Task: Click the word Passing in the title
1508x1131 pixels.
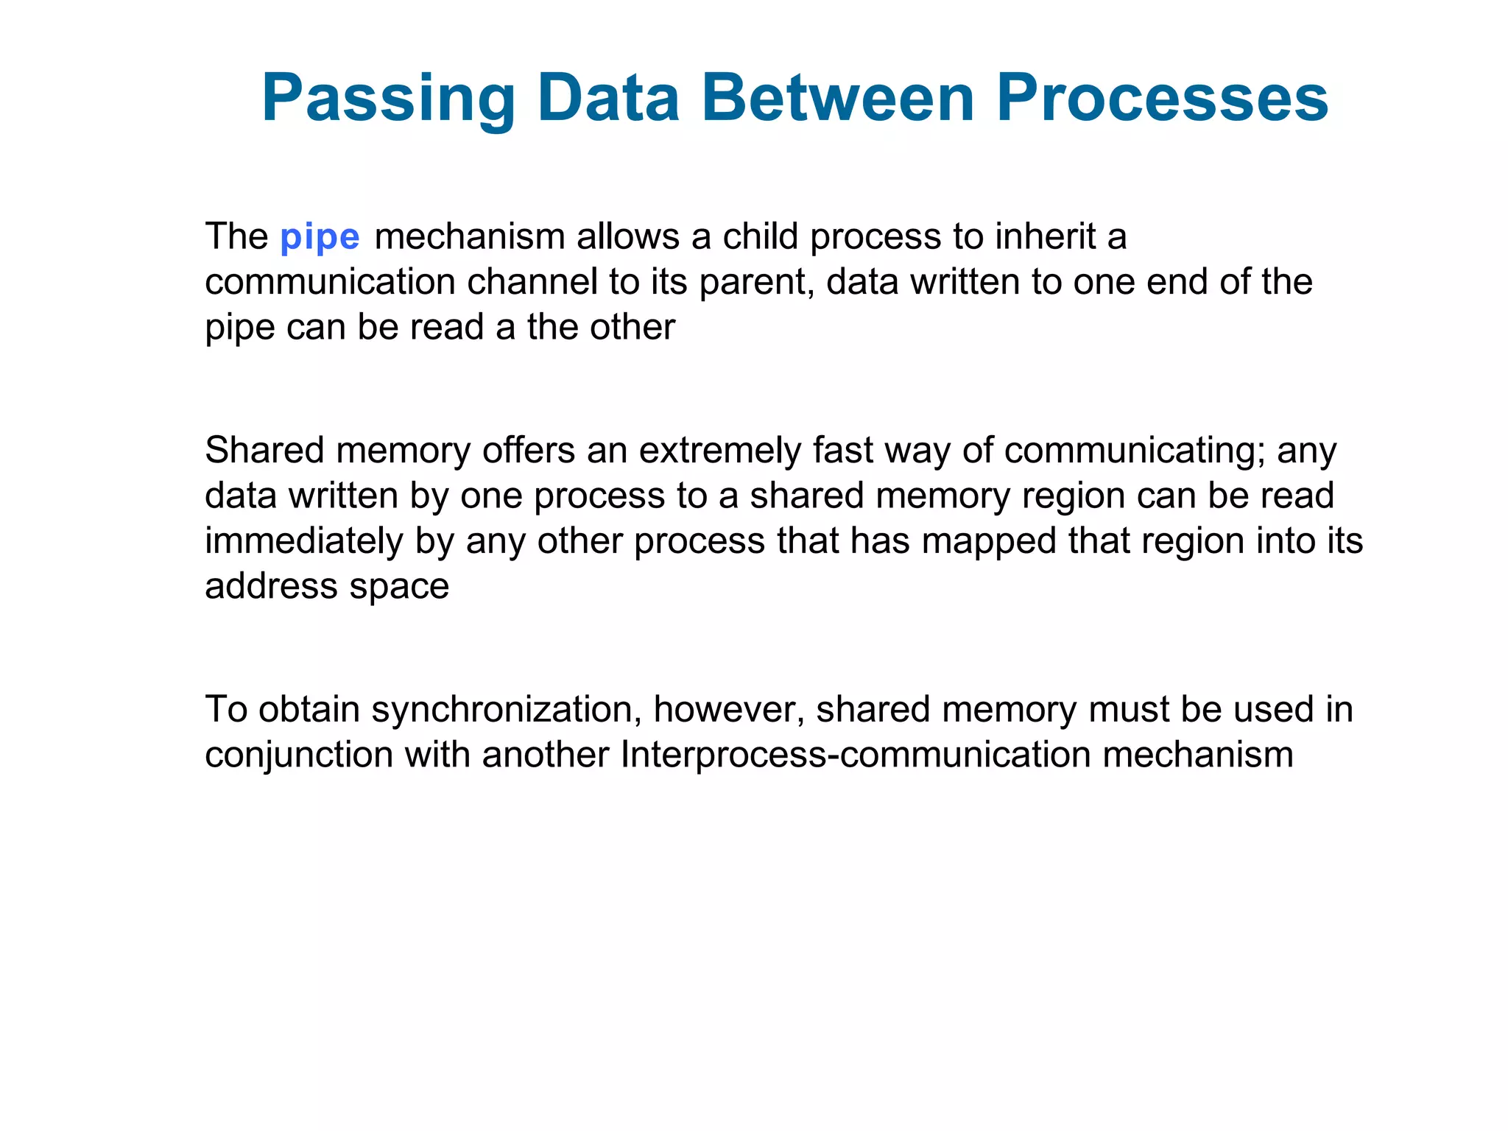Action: pos(389,99)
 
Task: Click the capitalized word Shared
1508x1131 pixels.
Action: pos(264,450)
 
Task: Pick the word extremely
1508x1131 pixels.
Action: pos(719,451)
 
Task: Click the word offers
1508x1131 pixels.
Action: pos(528,450)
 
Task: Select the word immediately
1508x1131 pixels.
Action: pos(304,542)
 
